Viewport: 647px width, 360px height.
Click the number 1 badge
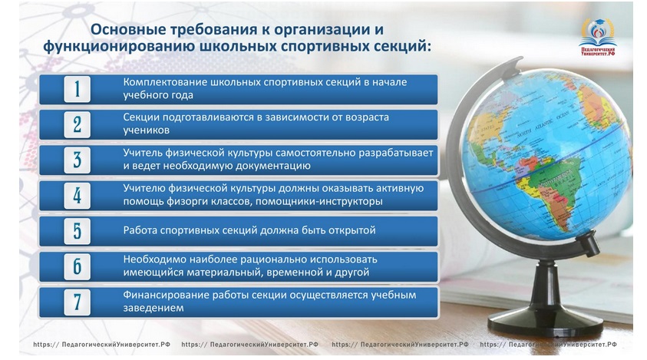(x=78, y=89)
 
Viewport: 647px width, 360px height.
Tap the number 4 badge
(x=78, y=195)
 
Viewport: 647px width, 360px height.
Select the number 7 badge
(x=78, y=302)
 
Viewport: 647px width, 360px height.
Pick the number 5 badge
(x=78, y=231)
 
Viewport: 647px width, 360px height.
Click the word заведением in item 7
(x=153, y=308)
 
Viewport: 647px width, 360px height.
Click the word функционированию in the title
(x=119, y=46)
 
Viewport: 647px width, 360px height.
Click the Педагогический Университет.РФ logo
(x=597, y=37)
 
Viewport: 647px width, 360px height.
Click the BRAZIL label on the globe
(x=558, y=184)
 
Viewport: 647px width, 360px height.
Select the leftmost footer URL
(x=101, y=345)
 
